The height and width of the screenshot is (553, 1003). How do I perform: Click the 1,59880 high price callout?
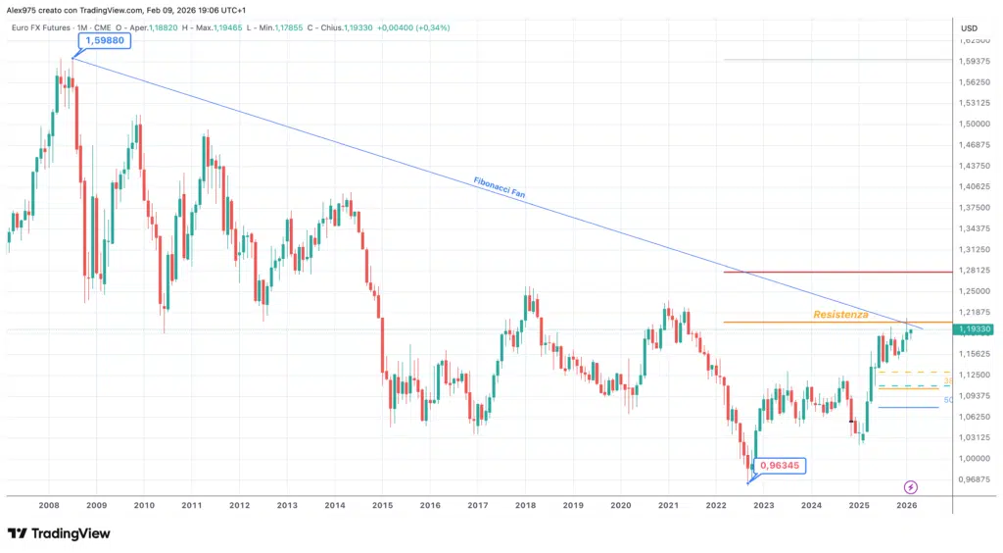(106, 41)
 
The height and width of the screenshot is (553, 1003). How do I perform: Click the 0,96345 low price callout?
(780, 467)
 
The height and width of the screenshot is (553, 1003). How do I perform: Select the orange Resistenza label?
(840, 315)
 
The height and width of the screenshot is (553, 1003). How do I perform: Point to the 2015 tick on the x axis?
(382, 506)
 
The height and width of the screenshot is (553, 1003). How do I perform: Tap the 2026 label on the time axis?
(906, 506)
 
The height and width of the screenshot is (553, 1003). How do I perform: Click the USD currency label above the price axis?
(970, 27)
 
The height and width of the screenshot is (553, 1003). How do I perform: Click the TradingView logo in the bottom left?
(59, 533)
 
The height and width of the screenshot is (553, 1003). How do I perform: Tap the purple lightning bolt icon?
(911, 486)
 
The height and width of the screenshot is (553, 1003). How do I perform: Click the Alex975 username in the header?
(23, 9)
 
